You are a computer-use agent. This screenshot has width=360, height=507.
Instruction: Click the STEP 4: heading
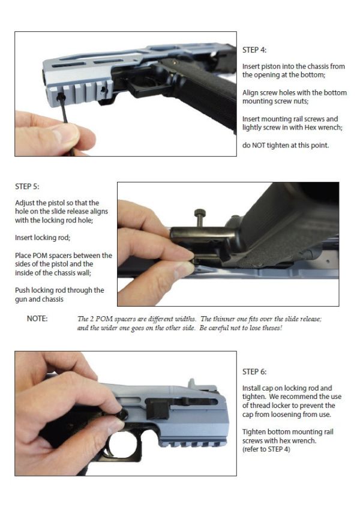click(x=254, y=50)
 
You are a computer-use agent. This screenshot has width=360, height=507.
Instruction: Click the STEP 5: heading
click(x=27, y=187)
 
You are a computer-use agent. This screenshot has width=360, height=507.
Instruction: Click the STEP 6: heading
click(x=254, y=372)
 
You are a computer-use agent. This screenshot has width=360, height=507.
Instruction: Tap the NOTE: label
click(x=37, y=319)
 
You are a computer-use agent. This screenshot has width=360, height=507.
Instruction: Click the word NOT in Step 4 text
click(x=259, y=146)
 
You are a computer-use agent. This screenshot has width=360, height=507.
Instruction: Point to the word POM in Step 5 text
click(x=40, y=256)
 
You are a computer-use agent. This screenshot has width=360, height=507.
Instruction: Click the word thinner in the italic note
click(x=224, y=319)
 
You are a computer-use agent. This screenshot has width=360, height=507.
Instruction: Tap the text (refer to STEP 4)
click(x=266, y=449)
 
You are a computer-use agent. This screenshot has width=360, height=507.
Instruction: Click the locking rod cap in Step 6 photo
click(x=123, y=414)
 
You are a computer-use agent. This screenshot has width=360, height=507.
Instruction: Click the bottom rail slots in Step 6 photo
click(x=193, y=444)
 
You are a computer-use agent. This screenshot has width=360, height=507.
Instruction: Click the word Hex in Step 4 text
click(x=310, y=128)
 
